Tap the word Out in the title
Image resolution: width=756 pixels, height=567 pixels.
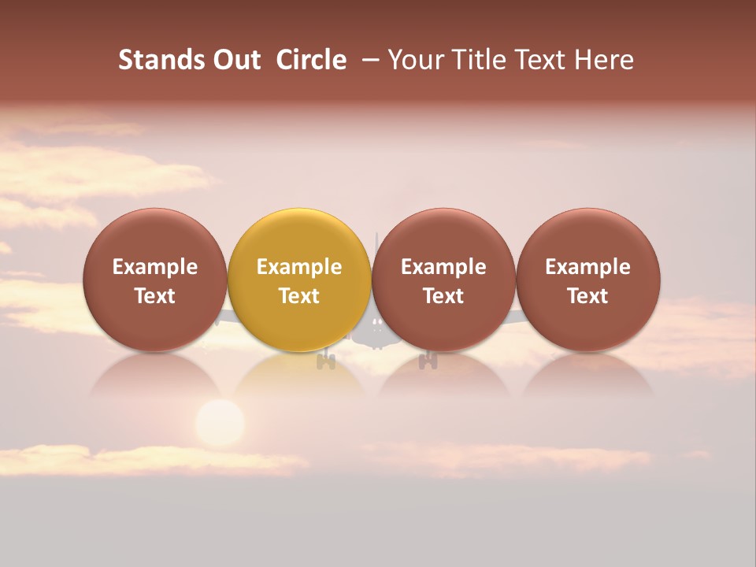[x=236, y=60]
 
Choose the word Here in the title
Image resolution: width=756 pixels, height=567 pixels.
[x=604, y=60]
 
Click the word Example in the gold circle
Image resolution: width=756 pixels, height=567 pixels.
[x=299, y=267]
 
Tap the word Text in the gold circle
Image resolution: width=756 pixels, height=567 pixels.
[x=299, y=296]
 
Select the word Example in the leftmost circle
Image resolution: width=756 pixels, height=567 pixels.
[x=154, y=267]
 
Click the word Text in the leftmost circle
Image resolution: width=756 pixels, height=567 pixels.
[x=154, y=296]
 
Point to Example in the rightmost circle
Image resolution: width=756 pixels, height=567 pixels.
[x=587, y=267]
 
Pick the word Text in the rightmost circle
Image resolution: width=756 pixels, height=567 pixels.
[x=587, y=296]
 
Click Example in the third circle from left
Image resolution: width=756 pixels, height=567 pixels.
[x=443, y=267]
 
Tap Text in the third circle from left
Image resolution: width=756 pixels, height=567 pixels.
[x=443, y=296]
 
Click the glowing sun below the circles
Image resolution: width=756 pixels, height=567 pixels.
[x=220, y=424]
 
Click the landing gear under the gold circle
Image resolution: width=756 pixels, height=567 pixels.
[x=326, y=361]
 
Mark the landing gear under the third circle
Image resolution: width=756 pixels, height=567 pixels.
[x=428, y=361]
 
